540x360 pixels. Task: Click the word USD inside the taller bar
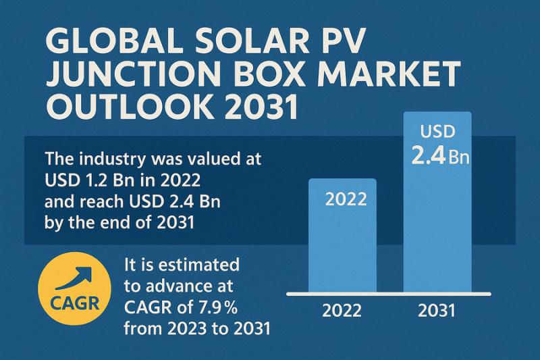437,132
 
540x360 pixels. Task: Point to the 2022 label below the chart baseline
342,311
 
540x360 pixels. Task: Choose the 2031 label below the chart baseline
436,311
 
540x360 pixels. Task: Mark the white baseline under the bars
387,294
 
